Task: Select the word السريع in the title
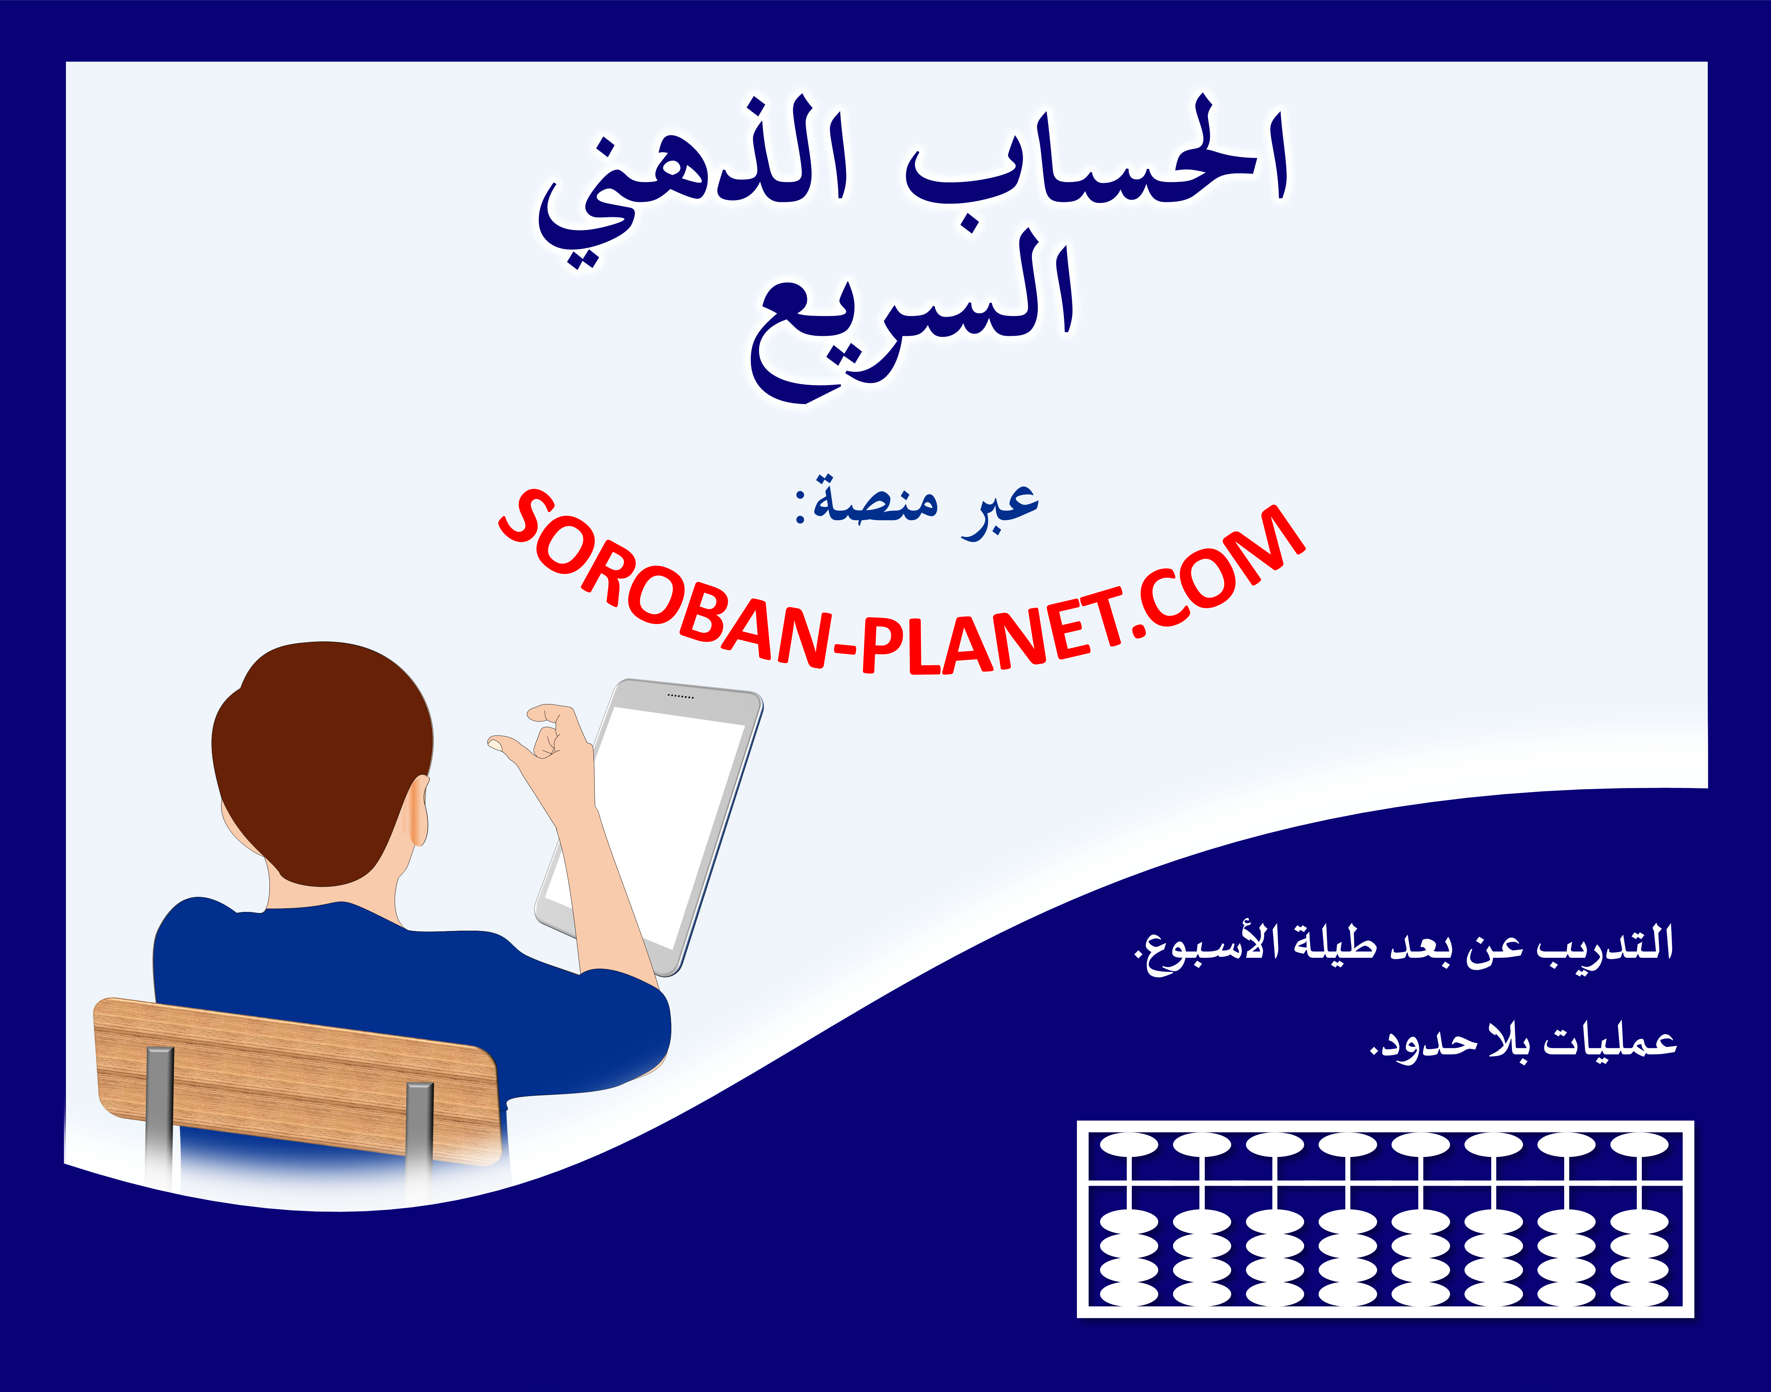pos(912,318)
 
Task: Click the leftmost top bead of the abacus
pos(1129,1145)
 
